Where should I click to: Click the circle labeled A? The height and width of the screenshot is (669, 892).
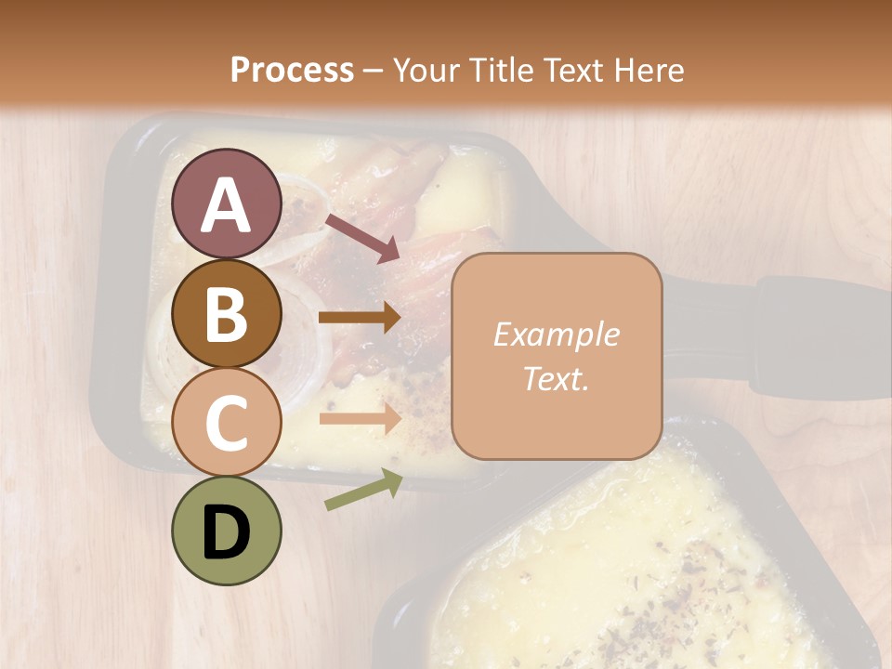[227, 203]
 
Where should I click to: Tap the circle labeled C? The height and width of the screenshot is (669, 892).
[227, 422]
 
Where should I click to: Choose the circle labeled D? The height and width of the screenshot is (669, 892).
[227, 531]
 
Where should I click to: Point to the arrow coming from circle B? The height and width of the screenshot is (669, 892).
[360, 318]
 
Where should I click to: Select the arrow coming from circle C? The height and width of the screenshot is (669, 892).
[360, 419]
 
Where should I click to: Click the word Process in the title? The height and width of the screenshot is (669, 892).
[292, 70]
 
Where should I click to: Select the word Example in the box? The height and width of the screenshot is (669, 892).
[556, 334]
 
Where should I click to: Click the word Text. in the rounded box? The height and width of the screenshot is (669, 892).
[556, 378]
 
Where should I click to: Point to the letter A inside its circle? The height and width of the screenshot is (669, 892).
[227, 205]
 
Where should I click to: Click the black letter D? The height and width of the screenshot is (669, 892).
[227, 532]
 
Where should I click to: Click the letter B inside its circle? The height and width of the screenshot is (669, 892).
[227, 314]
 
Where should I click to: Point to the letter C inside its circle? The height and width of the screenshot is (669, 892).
[227, 423]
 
